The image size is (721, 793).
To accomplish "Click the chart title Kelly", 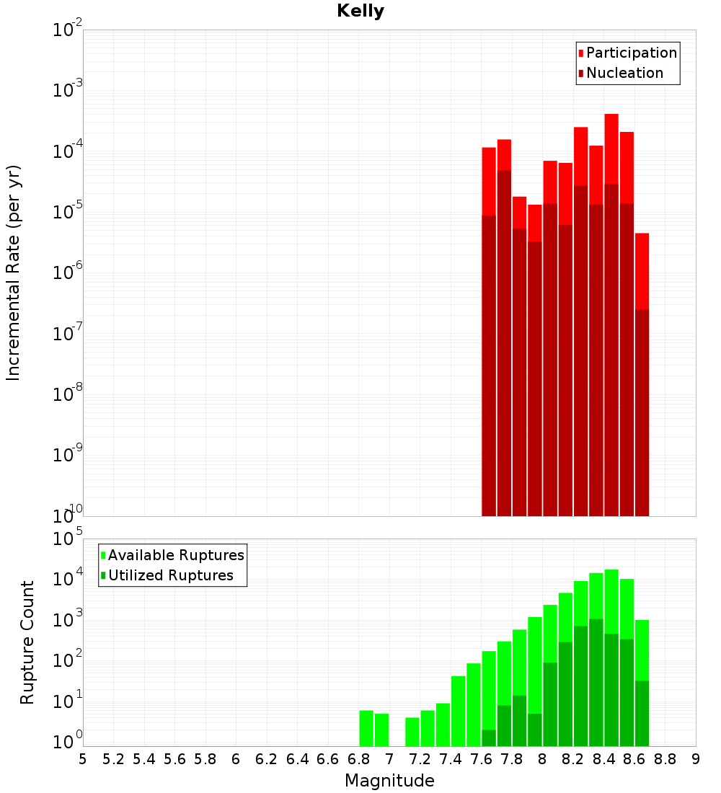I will pyautogui.click(x=360, y=12).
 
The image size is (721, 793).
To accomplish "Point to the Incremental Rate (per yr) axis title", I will pyautogui.click(x=14, y=273).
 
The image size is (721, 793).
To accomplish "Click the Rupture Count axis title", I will pyautogui.click(x=27, y=642).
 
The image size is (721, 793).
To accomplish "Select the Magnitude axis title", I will pyautogui.click(x=389, y=781).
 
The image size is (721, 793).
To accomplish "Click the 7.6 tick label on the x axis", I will pyautogui.click(x=482, y=759).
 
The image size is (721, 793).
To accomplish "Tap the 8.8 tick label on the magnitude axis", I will pyautogui.click(x=665, y=759).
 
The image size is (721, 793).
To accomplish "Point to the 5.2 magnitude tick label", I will pyautogui.click(x=114, y=759).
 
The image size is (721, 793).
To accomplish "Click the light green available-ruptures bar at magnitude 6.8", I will pyautogui.click(x=366, y=728).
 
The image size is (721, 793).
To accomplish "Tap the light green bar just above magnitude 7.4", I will pyautogui.click(x=459, y=711).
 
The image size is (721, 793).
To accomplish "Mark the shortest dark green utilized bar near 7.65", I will pyautogui.click(x=489, y=738).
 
